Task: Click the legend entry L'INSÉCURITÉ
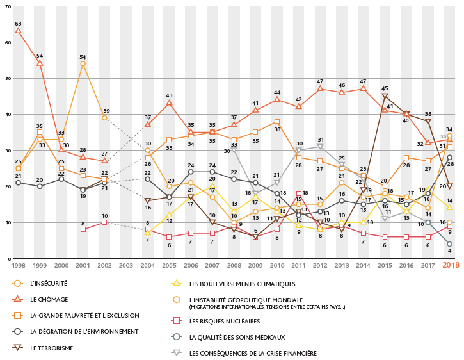[48, 282]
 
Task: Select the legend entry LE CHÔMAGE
[45, 299]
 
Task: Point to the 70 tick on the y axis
[7, 6]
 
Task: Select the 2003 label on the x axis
[126, 265]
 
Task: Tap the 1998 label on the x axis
[18, 265]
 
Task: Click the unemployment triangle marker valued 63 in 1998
[18, 31]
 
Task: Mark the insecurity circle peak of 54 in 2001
[83, 63]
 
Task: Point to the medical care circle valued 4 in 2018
[450, 244]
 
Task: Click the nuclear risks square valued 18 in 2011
[298, 193]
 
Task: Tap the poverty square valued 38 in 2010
[276, 121]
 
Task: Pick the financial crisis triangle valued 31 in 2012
[320, 147]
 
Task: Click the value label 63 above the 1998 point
[18, 23]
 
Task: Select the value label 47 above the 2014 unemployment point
[363, 81]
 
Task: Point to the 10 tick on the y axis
[7, 223]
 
